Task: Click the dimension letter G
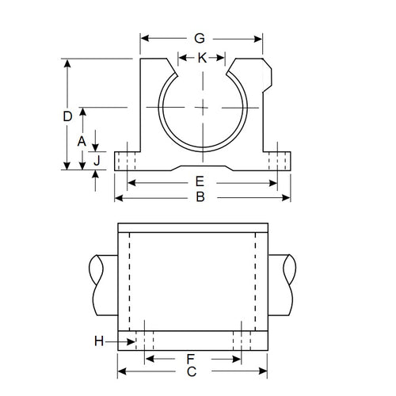click(x=200, y=37)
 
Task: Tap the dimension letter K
click(x=202, y=58)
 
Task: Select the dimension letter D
click(x=67, y=116)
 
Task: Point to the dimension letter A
click(x=81, y=140)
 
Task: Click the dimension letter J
click(x=96, y=161)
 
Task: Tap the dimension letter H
click(x=98, y=341)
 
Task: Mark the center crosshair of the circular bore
click(x=202, y=107)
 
